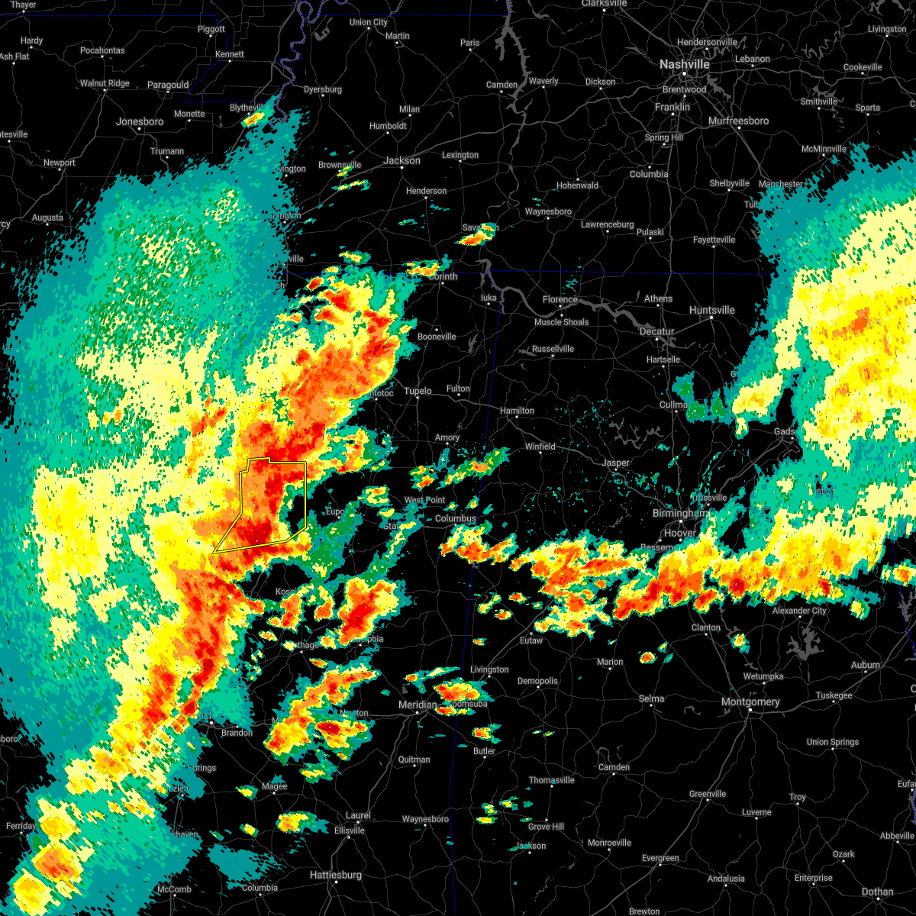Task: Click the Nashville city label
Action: click(x=684, y=65)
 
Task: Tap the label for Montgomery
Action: click(x=750, y=702)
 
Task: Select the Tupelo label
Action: click(x=418, y=391)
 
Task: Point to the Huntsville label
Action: click(x=711, y=310)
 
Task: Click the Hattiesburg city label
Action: click(x=335, y=875)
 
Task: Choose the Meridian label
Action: click(x=418, y=705)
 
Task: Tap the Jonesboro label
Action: click(x=140, y=121)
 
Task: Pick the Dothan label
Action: click(x=877, y=892)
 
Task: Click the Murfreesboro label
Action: click(x=738, y=121)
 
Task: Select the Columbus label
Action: click(x=455, y=518)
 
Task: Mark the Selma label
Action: click(x=651, y=698)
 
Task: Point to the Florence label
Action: click(x=560, y=299)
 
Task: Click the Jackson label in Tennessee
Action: click(x=402, y=160)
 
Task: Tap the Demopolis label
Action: click(x=537, y=681)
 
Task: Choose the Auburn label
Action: click(x=865, y=665)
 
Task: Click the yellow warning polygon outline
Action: click(x=305, y=496)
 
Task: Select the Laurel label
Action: click(x=358, y=815)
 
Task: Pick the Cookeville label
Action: click(x=863, y=67)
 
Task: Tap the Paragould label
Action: click(x=167, y=85)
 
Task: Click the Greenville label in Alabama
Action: click(x=707, y=794)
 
